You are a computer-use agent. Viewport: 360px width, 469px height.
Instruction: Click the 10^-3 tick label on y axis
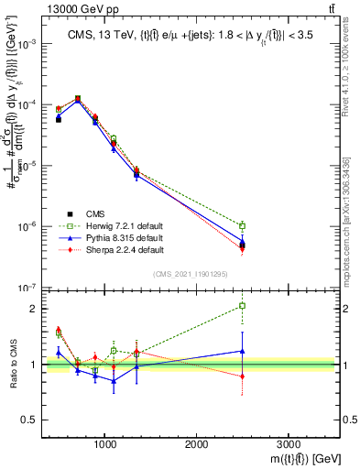[x=28, y=44]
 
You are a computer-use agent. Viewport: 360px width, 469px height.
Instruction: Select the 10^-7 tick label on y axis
[x=28, y=287]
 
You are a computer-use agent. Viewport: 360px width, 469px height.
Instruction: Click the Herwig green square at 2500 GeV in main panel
[x=242, y=225]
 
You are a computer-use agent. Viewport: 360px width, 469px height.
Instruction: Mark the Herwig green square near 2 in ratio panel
[x=242, y=306]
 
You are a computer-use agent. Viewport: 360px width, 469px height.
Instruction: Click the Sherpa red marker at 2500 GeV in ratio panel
[x=242, y=376]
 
